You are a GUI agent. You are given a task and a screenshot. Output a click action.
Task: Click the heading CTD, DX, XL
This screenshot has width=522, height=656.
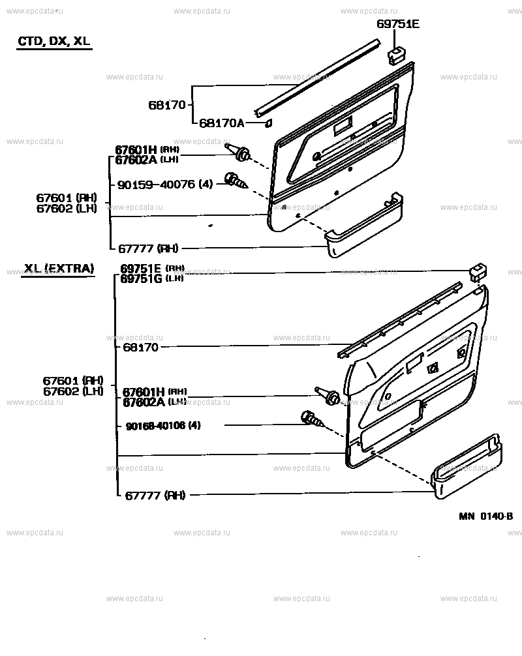pos(54,41)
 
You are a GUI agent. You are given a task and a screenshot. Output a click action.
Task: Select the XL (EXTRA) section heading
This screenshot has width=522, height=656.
pos(59,269)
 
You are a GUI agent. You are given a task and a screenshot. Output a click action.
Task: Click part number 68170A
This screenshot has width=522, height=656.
pos(221,123)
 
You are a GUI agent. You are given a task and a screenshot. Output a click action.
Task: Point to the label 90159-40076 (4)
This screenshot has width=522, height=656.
pos(165,185)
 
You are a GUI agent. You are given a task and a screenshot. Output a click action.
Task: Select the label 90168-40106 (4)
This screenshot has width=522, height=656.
pos(162,426)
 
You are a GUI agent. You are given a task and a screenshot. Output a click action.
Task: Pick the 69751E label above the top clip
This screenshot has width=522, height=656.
pos(397,25)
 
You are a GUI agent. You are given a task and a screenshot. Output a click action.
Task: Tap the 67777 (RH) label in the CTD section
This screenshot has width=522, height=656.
pos(148,248)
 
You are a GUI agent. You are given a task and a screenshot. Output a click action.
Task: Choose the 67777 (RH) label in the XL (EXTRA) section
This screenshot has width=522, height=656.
pos(155,495)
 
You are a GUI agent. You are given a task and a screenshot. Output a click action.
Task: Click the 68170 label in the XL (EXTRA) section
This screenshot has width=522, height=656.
pos(140,348)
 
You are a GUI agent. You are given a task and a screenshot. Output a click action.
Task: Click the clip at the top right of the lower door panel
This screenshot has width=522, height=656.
pos(478,273)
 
